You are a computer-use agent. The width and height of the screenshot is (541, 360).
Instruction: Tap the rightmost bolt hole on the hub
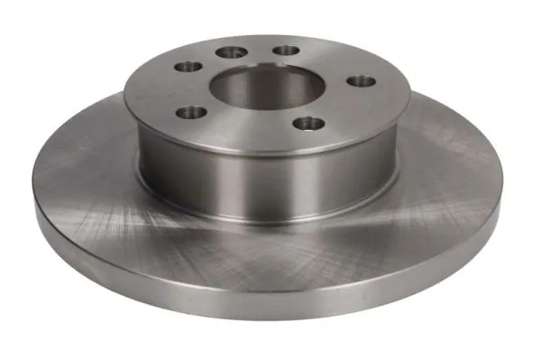pyautogui.click(x=360, y=81)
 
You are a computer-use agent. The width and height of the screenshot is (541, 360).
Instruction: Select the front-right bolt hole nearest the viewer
pyautogui.click(x=309, y=123)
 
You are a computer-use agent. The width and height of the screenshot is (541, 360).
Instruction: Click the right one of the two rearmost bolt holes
pyautogui.click(x=286, y=50)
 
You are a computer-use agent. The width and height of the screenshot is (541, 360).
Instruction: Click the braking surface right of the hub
pyautogui.click(x=451, y=180)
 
